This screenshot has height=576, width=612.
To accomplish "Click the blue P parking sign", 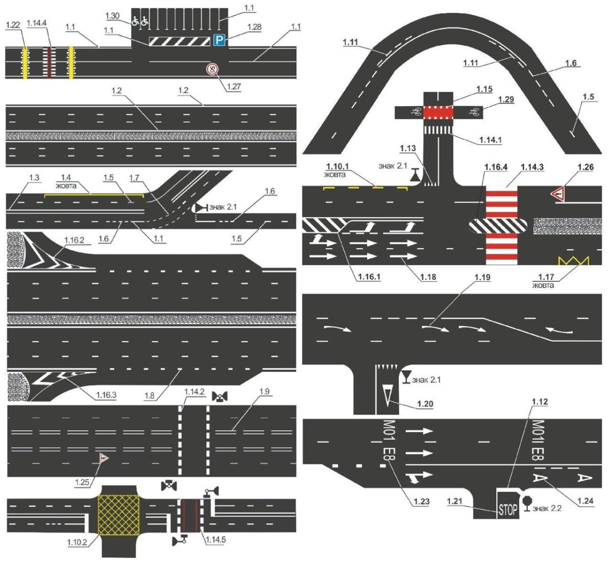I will [x=219, y=40].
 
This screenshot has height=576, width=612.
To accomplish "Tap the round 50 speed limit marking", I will [x=212, y=69].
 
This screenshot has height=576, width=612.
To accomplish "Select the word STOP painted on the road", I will [x=508, y=509].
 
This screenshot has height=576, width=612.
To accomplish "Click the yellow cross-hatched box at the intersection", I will [x=118, y=514].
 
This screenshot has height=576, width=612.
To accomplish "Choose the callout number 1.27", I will [x=234, y=86].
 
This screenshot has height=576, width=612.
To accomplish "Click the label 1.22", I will [x=13, y=25].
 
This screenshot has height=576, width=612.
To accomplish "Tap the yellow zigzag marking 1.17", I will [x=573, y=261].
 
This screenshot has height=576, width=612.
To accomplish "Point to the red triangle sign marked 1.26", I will [x=560, y=194].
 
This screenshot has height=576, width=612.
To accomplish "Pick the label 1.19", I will [x=482, y=277].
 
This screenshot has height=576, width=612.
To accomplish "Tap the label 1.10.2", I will [x=78, y=542].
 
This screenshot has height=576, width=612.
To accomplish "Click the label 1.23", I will [x=422, y=501].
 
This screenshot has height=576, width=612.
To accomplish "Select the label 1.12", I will [x=539, y=402].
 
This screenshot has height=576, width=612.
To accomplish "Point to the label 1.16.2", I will [x=75, y=239].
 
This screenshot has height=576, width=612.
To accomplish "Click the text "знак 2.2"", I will [x=547, y=509].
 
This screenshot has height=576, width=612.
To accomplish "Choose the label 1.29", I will [x=506, y=99].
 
